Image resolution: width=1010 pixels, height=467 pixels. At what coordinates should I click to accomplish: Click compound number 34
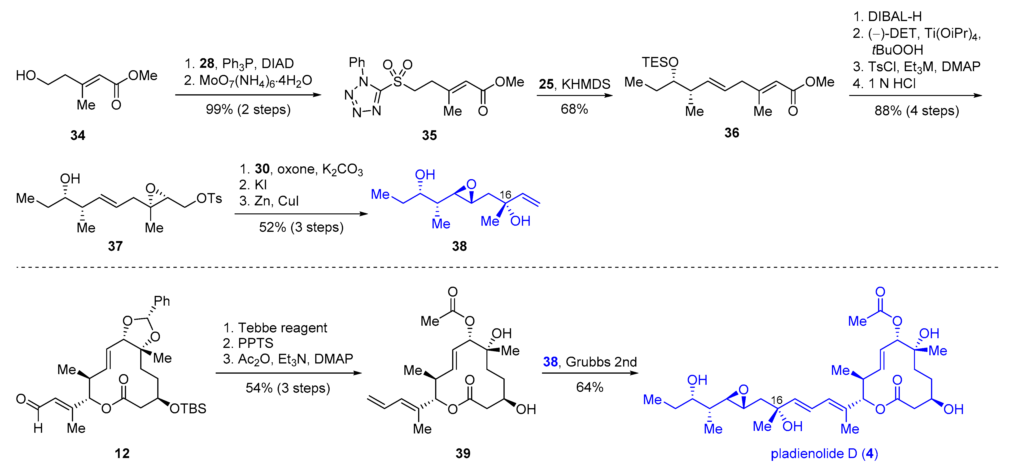tap(78, 135)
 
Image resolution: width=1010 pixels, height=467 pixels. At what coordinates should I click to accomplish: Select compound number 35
tap(429, 135)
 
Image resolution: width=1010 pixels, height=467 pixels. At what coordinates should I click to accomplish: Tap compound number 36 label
tap(732, 133)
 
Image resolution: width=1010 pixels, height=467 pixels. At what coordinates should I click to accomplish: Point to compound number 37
tap(115, 246)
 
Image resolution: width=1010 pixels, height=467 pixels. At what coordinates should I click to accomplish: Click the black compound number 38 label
tap(459, 246)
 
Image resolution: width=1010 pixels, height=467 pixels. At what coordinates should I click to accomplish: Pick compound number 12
tap(122, 453)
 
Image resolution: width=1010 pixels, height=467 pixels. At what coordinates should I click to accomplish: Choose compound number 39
tap(463, 453)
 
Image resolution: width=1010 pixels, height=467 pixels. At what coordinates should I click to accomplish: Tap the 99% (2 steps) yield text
tap(248, 109)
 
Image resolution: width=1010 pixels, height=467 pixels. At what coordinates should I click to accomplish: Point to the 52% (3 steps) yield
tap(301, 227)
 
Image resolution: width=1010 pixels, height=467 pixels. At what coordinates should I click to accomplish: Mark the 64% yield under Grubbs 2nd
tap(589, 387)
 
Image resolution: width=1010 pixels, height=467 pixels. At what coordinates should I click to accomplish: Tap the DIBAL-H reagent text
tap(895, 17)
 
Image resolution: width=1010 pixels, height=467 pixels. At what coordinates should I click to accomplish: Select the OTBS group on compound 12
tap(188, 409)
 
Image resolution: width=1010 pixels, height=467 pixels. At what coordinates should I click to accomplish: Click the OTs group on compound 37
tap(209, 198)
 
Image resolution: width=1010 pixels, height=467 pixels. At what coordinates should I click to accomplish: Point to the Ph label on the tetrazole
tap(357, 62)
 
